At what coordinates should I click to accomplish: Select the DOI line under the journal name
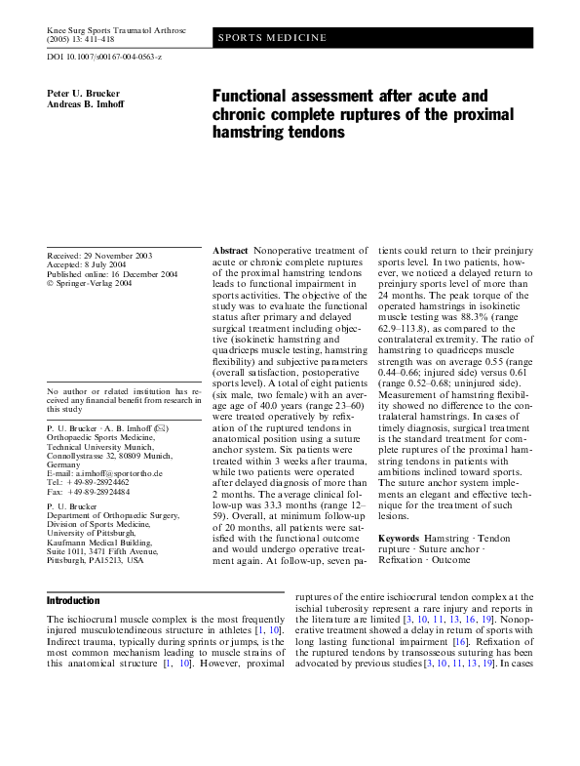(105, 59)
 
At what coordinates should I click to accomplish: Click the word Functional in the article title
(253, 97)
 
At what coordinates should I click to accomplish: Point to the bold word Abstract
(230, 252)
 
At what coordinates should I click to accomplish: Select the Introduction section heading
(74, 599)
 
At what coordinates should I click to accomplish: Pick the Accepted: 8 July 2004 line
(93, 265)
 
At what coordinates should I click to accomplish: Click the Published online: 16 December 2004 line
(112, 275)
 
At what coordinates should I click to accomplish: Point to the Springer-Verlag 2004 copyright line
(97, 285)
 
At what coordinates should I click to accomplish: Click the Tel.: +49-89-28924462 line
(93, 482)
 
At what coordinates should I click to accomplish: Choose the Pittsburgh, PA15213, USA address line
(96, 561)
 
